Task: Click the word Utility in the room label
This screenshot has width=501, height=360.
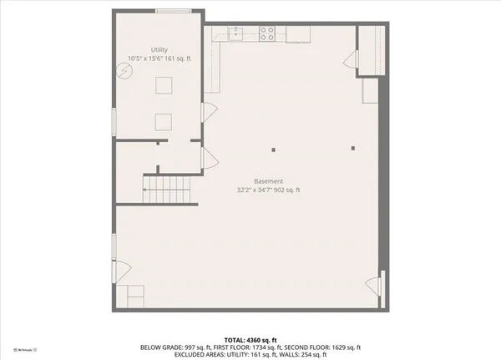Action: point(159,49)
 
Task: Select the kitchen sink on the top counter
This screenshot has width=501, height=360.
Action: point(236,33)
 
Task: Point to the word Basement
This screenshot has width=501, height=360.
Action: point(269,181)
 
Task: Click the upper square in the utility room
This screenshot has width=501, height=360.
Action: point(163,85)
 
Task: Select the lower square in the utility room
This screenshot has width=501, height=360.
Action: point(163,122)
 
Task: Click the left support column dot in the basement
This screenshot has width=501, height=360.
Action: point(272,150)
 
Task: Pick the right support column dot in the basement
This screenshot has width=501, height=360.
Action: point(353,150)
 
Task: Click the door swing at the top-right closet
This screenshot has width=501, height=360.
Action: point(352,61)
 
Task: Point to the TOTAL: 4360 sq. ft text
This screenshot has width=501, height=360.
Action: point(250,339)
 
